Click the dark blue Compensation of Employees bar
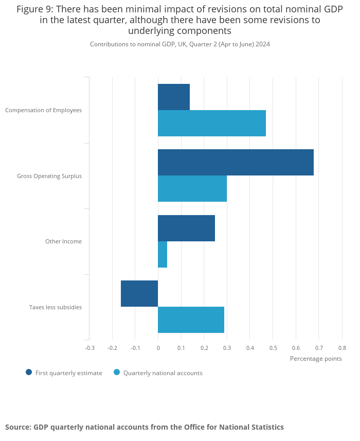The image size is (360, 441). point(174,97)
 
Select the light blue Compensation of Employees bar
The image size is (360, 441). point(212,123)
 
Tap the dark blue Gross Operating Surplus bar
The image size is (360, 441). point(236,162)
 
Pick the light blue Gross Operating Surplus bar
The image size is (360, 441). point(192,188)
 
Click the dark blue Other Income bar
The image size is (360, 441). point(186,228)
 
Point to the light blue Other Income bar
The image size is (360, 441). point(163,254)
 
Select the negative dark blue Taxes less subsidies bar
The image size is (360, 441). point(139,293)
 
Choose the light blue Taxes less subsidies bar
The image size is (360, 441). point(191,320)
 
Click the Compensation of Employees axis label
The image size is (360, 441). point(43,110)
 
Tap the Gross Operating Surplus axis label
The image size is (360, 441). point(49,176)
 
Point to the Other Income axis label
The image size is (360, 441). point(63,241)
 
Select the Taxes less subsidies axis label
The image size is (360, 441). point(56,307)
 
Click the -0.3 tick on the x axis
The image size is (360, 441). point(89,348)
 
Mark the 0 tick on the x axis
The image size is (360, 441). point(158,348)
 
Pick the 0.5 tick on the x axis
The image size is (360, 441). point(273,348)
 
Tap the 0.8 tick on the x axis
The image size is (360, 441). point(342,348)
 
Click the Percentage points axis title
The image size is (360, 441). point(316,359)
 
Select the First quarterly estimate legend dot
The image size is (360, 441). point(29,373)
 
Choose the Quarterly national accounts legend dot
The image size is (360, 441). point(117,373)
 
